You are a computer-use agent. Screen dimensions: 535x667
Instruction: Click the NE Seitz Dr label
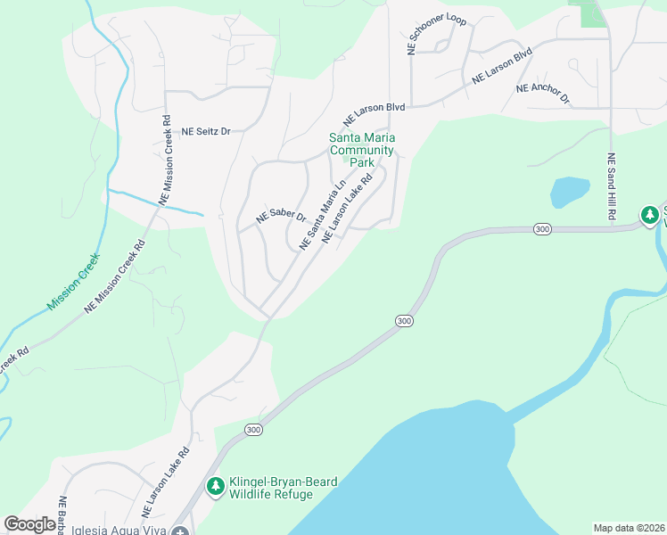coord(206,131)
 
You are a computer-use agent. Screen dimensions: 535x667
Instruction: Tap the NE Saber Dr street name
coord(281,217)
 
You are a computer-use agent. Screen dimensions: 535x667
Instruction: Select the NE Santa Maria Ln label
coord(323,217)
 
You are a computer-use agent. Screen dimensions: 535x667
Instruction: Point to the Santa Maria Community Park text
coord(362,150)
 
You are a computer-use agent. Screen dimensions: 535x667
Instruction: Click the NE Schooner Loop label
coord(437,35)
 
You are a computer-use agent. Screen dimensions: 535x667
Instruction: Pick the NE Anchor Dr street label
coord(543,93)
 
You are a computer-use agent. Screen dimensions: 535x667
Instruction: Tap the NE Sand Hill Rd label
coord(612,188)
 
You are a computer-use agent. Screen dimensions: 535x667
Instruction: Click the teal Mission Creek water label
coord(74,281)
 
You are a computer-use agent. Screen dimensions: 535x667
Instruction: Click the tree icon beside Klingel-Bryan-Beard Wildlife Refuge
coord(215,487)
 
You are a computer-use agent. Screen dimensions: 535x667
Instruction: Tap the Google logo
coord(30,524)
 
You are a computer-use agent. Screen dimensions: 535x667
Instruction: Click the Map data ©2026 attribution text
coord(629,527)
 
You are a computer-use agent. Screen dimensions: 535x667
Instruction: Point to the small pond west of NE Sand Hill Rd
coord(570,191)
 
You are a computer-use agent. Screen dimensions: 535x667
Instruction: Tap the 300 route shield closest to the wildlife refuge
coord(254,430)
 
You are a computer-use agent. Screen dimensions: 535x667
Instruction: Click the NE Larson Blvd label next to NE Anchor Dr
coord(502,65)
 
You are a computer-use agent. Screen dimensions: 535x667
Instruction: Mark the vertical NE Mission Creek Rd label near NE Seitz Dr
coord(167,160)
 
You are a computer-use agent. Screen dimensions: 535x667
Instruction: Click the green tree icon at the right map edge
coord(650,215)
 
